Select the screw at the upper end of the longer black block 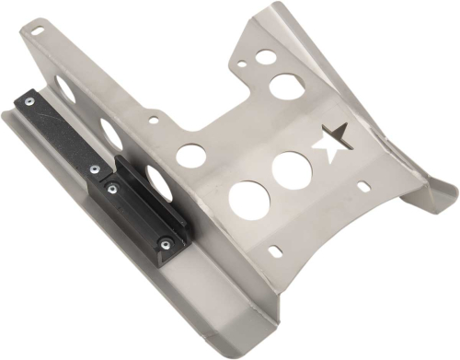[x=29, y=100]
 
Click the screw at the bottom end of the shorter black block [x=167, y=244]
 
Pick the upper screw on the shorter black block [x=111, y=189]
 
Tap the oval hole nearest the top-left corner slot [x=65, y=88]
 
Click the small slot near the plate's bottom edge [x=276, y=249]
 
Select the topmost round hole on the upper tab [x=266, y=57]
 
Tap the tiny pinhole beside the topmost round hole [x=241, y=65]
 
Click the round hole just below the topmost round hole [x=287, y=87]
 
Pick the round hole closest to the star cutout [x=292, y=170]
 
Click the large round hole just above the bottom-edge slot [x=248, y=200]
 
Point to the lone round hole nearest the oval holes [x=190, y=156]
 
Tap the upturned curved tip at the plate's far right [x=443, y=196]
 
